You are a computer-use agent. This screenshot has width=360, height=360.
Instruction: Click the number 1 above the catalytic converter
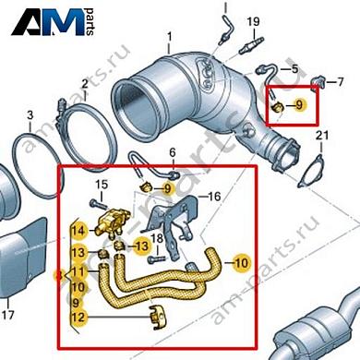coord(170,38)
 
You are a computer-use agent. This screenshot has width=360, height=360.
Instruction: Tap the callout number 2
coord(85,84)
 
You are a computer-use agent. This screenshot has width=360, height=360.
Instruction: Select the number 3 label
coord(30,115)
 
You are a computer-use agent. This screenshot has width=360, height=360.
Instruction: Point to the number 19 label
coord(253,22)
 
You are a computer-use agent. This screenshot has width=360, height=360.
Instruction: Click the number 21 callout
coord(321,136)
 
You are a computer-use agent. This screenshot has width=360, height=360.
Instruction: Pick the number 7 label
coord(340,82)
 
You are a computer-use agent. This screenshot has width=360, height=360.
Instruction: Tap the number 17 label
coord(7,315)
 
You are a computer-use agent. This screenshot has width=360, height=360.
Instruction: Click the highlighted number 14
coord(78,231)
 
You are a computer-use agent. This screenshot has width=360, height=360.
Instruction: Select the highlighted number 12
coord(78,317)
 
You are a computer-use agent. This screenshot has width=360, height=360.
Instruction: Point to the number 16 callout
coord(214,196)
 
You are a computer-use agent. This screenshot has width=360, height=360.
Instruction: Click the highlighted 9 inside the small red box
coord(299,105)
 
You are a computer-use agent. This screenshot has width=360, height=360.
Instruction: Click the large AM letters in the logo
coord(48,22)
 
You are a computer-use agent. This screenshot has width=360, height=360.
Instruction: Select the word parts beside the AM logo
coord(90,21)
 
